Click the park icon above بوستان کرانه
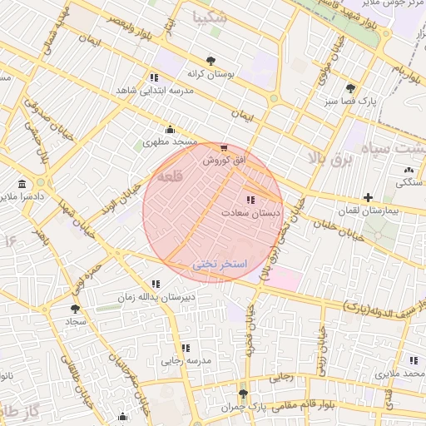point(210,61)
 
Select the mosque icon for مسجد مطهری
point(170,129)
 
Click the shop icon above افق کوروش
point(222,147)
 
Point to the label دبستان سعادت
point(250,213)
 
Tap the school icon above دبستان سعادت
point(250,200)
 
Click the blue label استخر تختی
point(220,263)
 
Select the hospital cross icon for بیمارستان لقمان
point(368,197)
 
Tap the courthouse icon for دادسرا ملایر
point(20,184)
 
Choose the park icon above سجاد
point(76,308)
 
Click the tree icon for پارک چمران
point(242,394)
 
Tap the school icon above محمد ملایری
point(414,360)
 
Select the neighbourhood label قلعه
point(169,176)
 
